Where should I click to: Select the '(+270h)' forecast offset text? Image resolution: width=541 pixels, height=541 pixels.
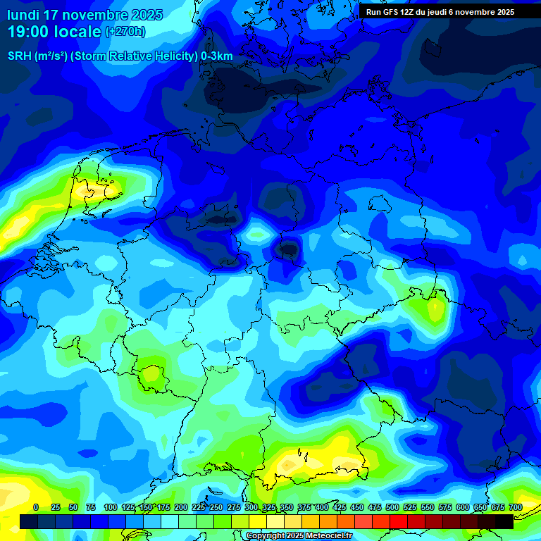(125, 32)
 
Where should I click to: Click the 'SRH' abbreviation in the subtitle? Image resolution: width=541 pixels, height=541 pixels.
(20, 56)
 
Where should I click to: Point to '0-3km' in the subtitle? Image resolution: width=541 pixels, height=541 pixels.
(216, 56)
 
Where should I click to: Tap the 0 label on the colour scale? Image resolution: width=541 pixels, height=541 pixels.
(36, 507)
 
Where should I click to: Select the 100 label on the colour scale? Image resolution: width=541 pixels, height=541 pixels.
(111, 507)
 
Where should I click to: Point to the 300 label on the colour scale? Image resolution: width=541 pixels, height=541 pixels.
(251, 507)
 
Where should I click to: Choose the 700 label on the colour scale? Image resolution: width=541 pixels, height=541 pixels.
(515, 507)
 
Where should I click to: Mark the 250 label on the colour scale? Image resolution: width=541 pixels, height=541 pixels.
(216, 507)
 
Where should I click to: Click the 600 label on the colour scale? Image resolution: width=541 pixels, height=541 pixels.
(463, 507)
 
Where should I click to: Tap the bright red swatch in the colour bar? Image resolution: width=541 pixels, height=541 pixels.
(398, 521)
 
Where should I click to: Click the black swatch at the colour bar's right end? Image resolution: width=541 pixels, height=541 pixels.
(504, 521)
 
